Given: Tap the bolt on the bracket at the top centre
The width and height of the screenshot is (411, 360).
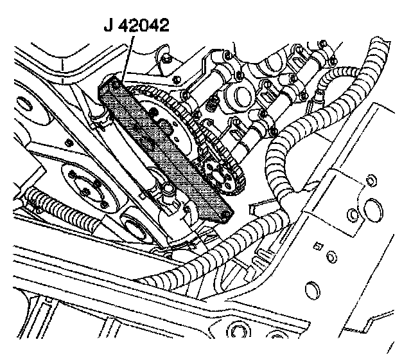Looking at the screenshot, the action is [166, 60].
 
